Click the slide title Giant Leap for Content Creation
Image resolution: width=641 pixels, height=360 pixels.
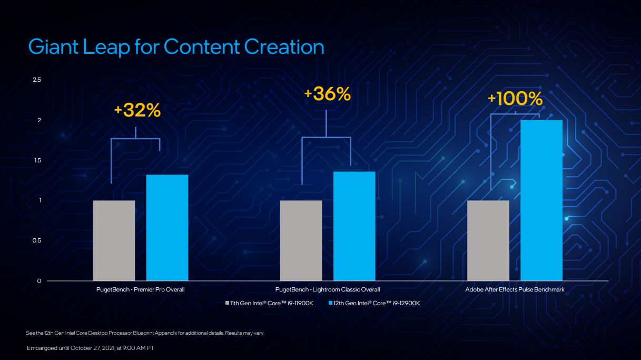(x=176, y=47)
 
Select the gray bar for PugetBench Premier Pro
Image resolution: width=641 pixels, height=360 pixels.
(x=114, y=240)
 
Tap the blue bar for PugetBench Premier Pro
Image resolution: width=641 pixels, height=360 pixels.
(x=167, y=228)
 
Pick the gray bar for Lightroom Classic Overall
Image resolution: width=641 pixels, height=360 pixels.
(x=301, y=240)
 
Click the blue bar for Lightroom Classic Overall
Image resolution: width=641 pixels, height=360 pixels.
(x=354, y=226)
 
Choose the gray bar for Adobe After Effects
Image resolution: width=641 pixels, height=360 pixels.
(x=488, y=240)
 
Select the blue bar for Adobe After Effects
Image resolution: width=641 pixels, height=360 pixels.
(x=541, y=200)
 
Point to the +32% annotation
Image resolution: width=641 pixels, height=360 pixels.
(x=137, y=111)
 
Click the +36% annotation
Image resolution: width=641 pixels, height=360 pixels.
(x=327, y=94)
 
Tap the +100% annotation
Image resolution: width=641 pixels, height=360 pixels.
(x=515, y=99)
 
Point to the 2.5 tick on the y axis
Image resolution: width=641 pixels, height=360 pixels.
(x=37, y=80)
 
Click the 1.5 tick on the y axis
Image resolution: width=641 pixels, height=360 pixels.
(x=37, y=160)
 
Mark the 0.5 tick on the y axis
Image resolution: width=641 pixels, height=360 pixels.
(x=37, y=241)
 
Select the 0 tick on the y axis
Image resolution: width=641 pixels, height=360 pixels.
(x=39, y=281)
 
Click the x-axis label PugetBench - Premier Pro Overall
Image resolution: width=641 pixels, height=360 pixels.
(x=140, y=289)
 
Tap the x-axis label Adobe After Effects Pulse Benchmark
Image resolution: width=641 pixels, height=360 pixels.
(x=515, y=289)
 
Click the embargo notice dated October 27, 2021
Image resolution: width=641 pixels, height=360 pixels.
(x=90, y=348)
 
